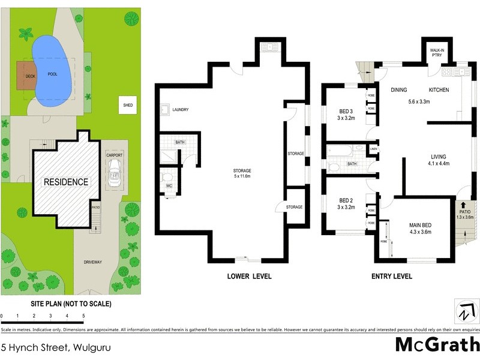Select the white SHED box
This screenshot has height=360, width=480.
click(x=128, y=105)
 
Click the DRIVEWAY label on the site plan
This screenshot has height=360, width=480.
click(x=94, y=262)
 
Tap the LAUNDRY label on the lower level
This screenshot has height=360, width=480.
click(x=180, y=110)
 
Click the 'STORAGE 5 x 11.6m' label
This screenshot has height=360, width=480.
click(x=242, y=174)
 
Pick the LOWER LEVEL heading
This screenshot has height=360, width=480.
click(x=249, y=277)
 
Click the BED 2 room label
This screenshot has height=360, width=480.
click(x=346, y=203)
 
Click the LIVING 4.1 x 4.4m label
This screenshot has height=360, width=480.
click(x=441, y=160)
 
